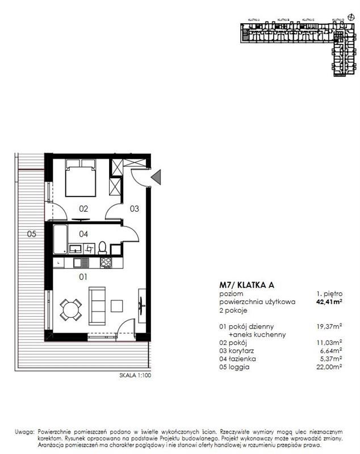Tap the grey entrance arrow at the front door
pyautogui.click(x=157, y=177)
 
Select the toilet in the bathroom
pyautogui.click(x=102, y=247)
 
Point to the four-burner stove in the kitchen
pyautogui.click(x=105, y=263)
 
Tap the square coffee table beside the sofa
pyautogui.click(x=118, y=305)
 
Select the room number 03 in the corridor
pyautogui.click(x=134, y=209)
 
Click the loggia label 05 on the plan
pyautogui.click(x=32, y=233)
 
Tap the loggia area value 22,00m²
pyautogui.click(x=329, y=367)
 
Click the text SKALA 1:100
pyautogui.click(x=135, y=375)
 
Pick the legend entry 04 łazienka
pyautogui.click(x=238, y=359)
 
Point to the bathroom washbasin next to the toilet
pyautogui.click(x=75, y=248)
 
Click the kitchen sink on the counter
pyautogui.click(x=79, y=263)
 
